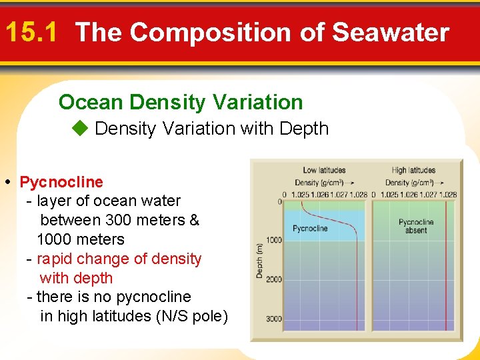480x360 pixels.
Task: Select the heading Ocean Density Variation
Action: (x=181, y=102)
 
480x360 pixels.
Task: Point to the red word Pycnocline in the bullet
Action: (x=61, y=182)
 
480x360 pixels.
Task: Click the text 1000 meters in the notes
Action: (x=81, y=239)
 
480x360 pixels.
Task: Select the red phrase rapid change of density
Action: (x=119, y=259)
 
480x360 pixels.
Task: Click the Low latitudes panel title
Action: (x=324, y=171)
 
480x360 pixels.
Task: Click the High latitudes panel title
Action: (x=413, y=171)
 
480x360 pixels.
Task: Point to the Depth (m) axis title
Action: (x=260, y=260)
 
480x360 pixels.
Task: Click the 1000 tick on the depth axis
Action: (x=274, y=240)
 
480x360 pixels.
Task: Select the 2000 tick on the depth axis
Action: (x=274, y=279)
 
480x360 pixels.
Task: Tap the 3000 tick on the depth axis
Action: (x=274, y=319)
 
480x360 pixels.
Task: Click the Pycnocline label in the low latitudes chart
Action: (x=310, y=229)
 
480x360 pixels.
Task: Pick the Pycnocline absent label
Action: (x=416, y=226)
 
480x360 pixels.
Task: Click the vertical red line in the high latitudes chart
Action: (x=447, y=267)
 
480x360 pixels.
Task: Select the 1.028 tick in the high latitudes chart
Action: (x=448, y=195)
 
